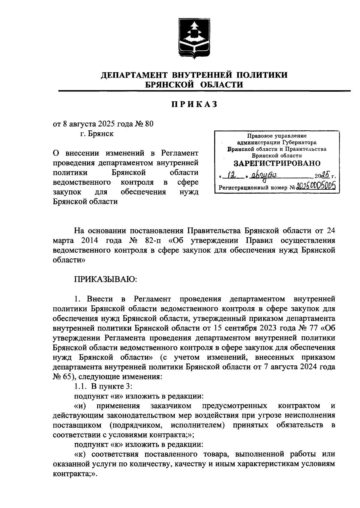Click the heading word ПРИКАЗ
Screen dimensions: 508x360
(194, 104)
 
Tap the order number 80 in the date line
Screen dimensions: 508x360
(149, 124)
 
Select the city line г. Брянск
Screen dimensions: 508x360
(97, 134)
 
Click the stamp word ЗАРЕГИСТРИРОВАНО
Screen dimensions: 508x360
(277, 163)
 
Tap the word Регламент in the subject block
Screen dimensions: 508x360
(180, 153)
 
